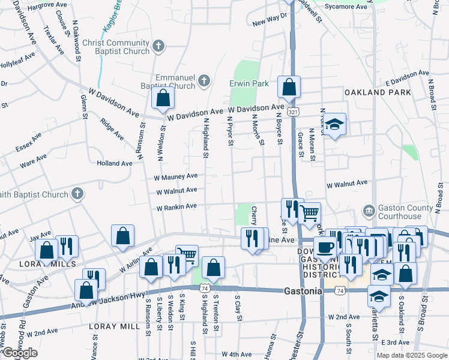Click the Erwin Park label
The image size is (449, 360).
tap(249, 83)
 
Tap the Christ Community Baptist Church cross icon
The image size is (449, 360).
tap(158, 46)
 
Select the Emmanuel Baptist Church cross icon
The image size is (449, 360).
tap(204, 80)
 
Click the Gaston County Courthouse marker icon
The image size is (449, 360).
tap(370, 211)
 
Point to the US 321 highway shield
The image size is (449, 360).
tap(292, 112)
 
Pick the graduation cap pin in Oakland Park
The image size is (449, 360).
tap(335, 124)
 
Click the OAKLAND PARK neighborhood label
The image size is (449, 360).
tap(378, 92)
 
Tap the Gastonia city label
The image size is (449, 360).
tap(303, 291)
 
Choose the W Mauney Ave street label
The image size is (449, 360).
tap(175, 176)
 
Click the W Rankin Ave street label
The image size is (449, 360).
tap(176, 207)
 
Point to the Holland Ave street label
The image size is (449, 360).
tap(114, 163)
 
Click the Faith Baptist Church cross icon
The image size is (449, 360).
tap(77, 194)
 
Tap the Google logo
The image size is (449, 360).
tap(20, 353)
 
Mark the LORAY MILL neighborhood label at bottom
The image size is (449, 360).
tap(113, 326)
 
